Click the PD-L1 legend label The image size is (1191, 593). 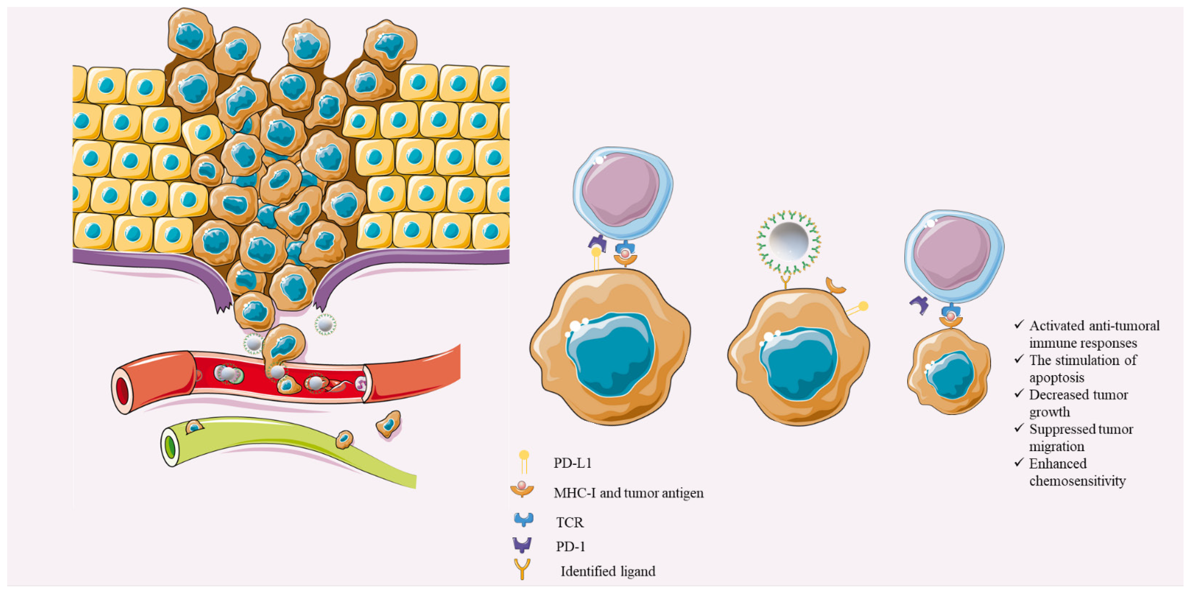click(572, 463)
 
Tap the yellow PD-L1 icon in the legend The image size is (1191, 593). click(523, 461)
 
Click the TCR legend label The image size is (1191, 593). click(570, 522)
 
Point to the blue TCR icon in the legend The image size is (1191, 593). click(523, 520)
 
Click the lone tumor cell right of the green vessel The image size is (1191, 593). click(388, 424)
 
